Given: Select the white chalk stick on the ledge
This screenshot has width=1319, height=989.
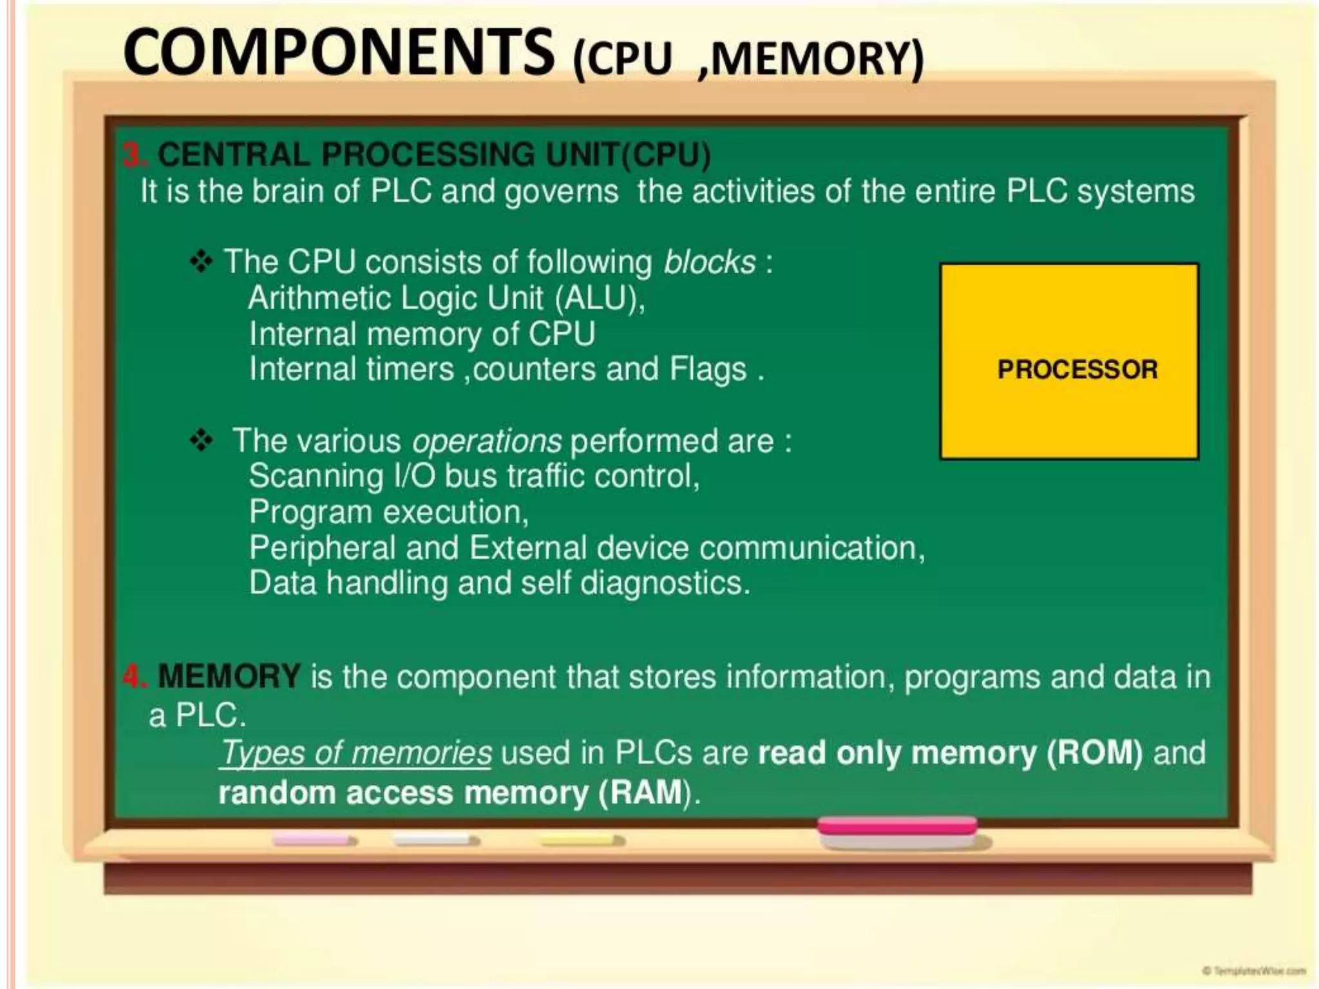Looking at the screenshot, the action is click(435, 840).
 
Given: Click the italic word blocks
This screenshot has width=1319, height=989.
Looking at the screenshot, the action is click(709, 262).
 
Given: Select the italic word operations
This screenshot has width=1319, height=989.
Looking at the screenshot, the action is click(487, 441).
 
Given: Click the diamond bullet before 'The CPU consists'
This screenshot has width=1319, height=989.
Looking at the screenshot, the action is click(201, 262).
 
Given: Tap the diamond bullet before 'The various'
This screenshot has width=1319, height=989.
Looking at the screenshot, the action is click(201, 441).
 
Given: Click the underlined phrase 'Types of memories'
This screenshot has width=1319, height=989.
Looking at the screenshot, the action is click(356, 753).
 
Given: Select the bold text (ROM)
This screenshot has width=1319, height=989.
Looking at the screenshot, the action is click(1094, 753).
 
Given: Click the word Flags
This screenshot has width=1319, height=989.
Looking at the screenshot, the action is click(708, 370).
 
